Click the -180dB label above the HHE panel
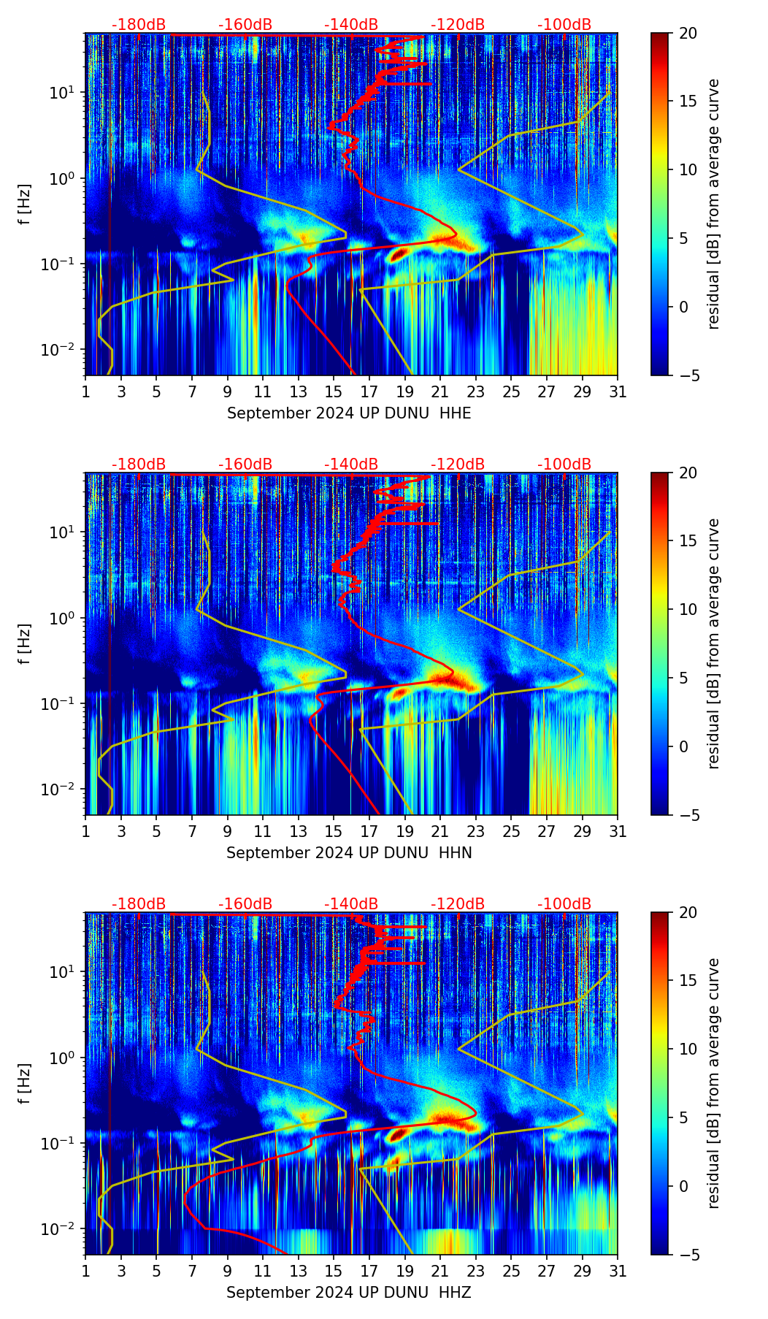[x=139, y=25]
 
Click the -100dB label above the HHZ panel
[x=564, y=904]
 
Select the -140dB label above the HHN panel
[x=351, y=464]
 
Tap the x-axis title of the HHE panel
[x=349, y=413]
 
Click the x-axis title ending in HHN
[x=349, y=853]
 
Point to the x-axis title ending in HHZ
[x=349, y=1293]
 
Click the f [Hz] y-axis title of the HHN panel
[x=25, y=643]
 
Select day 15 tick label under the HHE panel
[x=334, y=392]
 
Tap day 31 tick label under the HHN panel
[x=618, y=832]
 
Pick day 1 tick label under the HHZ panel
[x=86, y=1272]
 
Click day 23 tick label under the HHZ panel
[x=476, y=1272]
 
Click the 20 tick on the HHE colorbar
[x=688, y=34]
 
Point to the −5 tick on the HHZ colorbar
[x=688, y=1255]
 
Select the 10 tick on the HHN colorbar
[x=688, y=609]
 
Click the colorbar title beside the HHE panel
[x=713, y=204]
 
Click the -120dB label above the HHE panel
[x=458, y=25]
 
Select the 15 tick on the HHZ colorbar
[x=688, y=981]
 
